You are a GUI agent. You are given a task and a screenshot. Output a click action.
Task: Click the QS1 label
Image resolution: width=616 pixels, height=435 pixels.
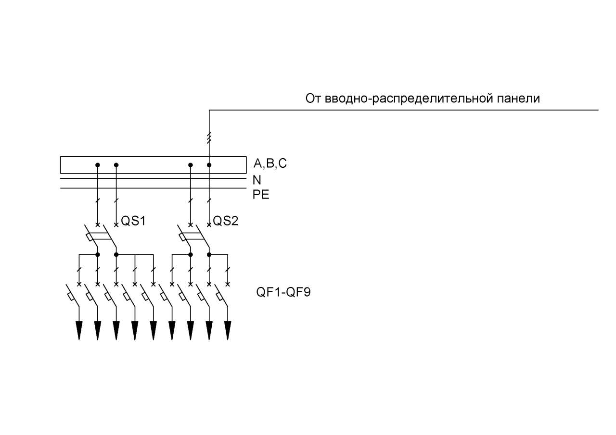pos(133,221)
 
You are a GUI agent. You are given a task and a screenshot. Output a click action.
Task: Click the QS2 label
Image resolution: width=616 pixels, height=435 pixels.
pos(226,221)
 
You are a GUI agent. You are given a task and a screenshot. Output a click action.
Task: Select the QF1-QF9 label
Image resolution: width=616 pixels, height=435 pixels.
pos(283,292)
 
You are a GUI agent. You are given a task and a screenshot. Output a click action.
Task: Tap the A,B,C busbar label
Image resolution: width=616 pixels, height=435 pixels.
pos(270,164)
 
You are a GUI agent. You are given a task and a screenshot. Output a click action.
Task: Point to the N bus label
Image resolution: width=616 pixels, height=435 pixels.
pos(257,180)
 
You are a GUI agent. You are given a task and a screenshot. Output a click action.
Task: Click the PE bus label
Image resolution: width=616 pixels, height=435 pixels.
pos(261,195)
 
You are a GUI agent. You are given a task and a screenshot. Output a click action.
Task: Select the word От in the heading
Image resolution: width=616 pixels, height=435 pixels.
pos(313,99)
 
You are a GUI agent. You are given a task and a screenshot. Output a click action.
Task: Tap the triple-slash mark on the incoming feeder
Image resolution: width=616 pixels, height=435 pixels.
pos(209,137)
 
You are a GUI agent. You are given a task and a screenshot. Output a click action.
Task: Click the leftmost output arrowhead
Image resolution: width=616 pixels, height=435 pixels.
pos(79,331)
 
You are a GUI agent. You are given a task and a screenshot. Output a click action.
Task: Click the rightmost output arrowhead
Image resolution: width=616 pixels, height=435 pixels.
pos(228,331)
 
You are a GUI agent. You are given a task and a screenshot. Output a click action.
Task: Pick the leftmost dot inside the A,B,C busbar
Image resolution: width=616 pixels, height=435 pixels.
pos(98,165)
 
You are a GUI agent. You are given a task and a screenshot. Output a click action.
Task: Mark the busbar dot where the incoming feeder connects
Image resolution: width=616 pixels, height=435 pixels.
pos(209,165)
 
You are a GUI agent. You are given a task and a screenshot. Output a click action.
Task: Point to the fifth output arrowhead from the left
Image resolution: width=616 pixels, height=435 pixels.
pos(154,331)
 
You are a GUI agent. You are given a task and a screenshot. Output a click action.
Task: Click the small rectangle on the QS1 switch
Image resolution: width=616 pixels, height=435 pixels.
pos(90,237)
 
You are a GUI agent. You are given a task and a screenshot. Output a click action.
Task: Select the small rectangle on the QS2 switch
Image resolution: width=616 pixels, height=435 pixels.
pos(182,237)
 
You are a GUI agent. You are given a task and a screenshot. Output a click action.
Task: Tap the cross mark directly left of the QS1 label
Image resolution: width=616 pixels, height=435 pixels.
pos(116,225)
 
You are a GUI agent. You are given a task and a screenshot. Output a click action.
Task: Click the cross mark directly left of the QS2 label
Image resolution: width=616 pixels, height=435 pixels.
pos(209,225)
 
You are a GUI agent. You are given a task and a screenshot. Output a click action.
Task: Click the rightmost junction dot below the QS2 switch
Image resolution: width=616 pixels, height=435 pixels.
pos(209,255)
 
